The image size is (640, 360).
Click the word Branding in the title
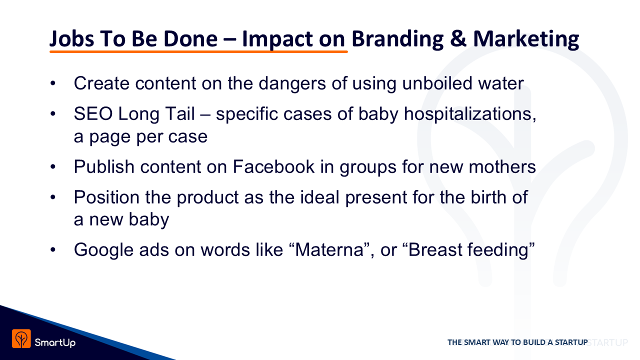[x=397, y=39]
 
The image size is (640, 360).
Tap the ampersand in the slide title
[x=458, y=38]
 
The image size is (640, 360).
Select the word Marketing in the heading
[x=526, y=39]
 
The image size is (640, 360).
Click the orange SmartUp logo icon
[x=21, y=338]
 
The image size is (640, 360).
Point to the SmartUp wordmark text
[x=55, y=342]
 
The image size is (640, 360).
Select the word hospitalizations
[x=470, y=114]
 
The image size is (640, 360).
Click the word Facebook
[x=273, y=166]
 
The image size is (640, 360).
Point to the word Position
[x=106, y=197]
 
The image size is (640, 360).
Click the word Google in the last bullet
[x=103, y=250]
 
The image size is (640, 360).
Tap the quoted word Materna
[x=329, y=249]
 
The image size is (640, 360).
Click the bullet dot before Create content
[x=53, y=83]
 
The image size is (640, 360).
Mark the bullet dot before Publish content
[x=53, y=167]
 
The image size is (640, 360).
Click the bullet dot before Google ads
[x=53, y=250]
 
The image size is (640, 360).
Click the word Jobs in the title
[x=71, y=39]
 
